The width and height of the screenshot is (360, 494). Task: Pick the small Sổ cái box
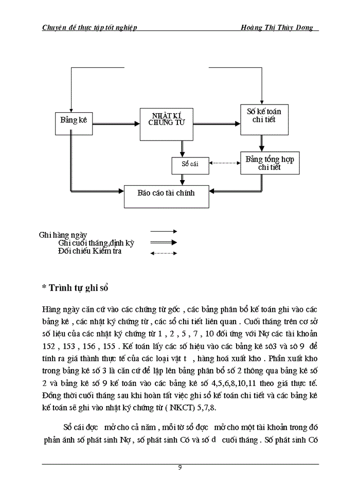click(x=190, y=164)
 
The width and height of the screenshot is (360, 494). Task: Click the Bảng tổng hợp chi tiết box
click(x=269, y=163)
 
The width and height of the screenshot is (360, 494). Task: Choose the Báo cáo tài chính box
click(x=167, y=193)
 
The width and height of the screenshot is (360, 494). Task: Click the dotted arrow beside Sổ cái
click(x=224, y=163)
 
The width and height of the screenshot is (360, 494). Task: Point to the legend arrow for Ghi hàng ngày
click(x=164, y=232)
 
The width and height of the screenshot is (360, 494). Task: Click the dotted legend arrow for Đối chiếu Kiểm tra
click(x=164, y=253)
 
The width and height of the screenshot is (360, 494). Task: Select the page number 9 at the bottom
click(x=179, y=468)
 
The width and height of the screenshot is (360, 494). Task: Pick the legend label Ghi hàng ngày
click(x=63, y=235)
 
